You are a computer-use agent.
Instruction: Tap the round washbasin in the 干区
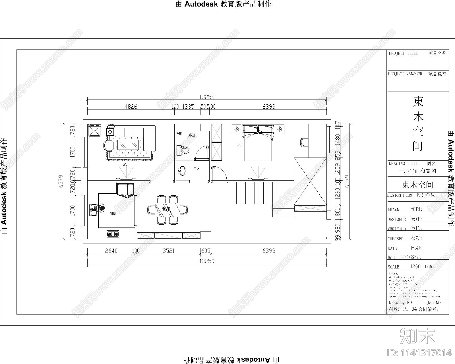tap(181, 171)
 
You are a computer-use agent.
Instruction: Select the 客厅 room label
tap(126, 165)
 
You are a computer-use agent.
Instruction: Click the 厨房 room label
tap(113, 214)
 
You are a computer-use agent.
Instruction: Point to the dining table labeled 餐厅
tap(167, 210)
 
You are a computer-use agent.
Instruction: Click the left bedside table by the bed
tap(237, 129)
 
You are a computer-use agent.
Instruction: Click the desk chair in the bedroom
tap(303, 142)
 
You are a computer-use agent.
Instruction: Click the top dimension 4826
tap(131, 107)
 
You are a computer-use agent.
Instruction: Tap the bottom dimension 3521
tap(168, 251)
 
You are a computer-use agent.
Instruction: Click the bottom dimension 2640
tap(111, 251)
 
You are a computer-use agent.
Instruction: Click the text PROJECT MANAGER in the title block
tap(405, 74)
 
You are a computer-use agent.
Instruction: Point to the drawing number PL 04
tap(410, 309)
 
